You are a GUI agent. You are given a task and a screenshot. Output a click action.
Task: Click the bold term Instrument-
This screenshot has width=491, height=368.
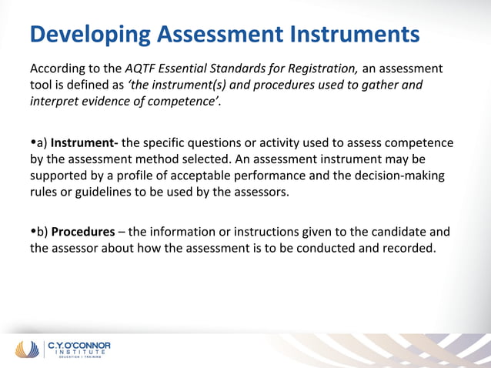pyautogui.click(x=84, y=142)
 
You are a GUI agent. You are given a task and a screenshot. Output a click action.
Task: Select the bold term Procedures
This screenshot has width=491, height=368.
pyautogui.click(x=82, y=231)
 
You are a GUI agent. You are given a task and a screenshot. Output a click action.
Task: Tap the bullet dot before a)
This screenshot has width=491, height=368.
pyautogui.click(x=33, y=142)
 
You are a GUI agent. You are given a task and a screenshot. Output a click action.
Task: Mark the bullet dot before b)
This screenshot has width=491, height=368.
pyautogui.click(x=33, y=231)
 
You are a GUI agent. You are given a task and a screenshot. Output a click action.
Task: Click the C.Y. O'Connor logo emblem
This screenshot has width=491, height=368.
pyautogui.click(x=29, y=349)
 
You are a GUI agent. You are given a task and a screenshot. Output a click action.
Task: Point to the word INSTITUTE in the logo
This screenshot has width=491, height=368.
pyautogui.click(x=78, y=353)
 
